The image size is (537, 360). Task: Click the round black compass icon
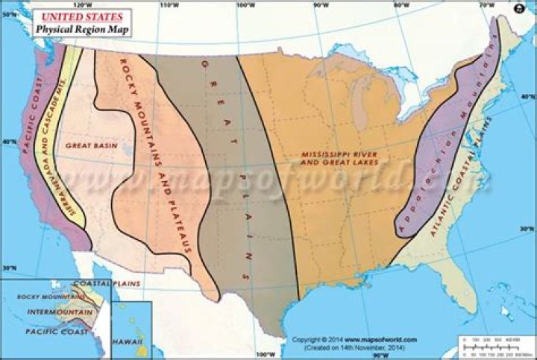pos(519,9)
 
